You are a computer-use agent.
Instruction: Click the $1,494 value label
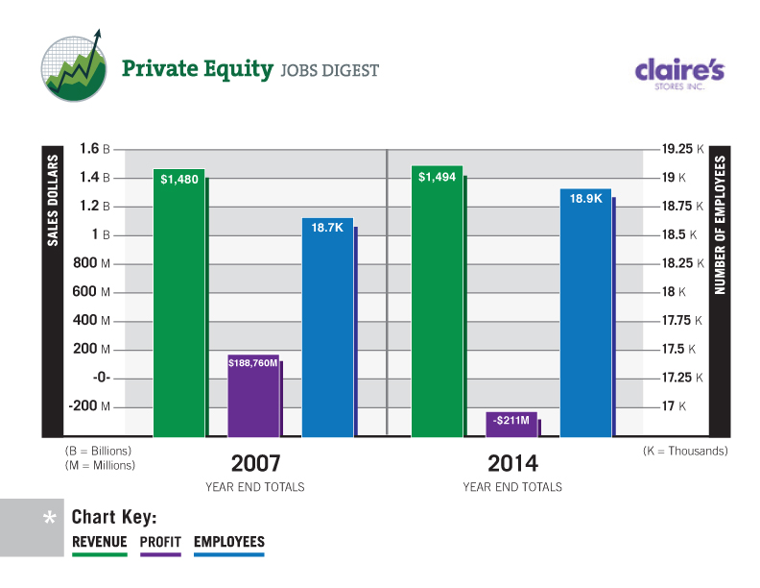[x=437, y=178]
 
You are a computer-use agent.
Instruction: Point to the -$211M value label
[x=511, y=420]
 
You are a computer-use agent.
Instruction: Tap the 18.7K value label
[x=327, y=227]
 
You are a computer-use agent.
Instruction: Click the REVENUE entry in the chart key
[x=100, y=543]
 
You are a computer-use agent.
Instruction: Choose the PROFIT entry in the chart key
[x=160, y=543]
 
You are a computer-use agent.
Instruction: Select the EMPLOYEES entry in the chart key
[x=228, y=543]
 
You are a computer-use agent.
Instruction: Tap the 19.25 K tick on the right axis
[x=682, y=149]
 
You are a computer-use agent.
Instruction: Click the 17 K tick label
[x=675, y=406]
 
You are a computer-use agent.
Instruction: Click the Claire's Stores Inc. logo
[x=679, y=72]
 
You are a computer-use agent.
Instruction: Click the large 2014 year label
[x=512, y=463]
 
